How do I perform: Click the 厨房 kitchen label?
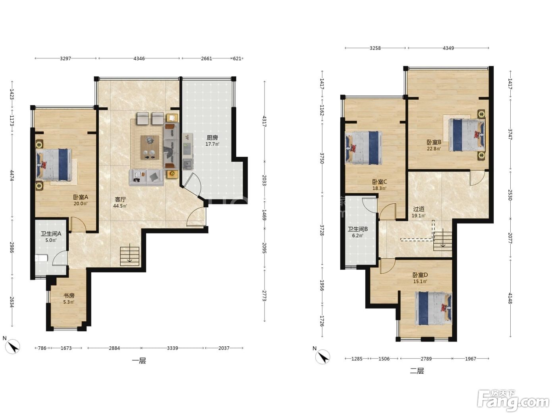pyautogui.click(x=212, y=138)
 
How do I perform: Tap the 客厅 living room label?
pyautogui.click(x=120, y=199)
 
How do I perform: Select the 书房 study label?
pyautogui.click(x=69, y=295)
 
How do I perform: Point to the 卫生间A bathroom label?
pyautogui.click(x=51, y=234)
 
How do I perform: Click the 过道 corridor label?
pyautogui.click(x=419, y=209)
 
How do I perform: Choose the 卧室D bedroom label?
pyautogui.click(x=420, y=275)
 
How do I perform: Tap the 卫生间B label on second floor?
pyautogui.click(x=358, y=229)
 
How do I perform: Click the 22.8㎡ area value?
pyautogui.click(x=434, y=149)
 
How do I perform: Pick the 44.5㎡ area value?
pyautogui.click(x=120, y=206)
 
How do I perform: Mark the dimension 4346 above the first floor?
pyautogui.click(x=139, y=58)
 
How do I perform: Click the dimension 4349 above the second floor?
pyautogui.click(x=448, y=48)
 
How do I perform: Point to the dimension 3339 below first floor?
pyautogui.click(x=172, y=348)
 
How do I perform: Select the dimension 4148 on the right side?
pyautogui.click(x=510, y=298)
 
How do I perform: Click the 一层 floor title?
pyautogui.click(x=139, y=361)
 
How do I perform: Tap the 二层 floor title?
pyautogui.click(x=417, y=371)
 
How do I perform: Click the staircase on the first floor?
pyautogui.click(x=129, y=256)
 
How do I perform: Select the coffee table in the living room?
pyautogui.click(x=150, y=147)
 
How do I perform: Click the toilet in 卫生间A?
pyautogui.click(x=41, y=258)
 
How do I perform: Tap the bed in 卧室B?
pyautogui.click(x=467, y=135)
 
